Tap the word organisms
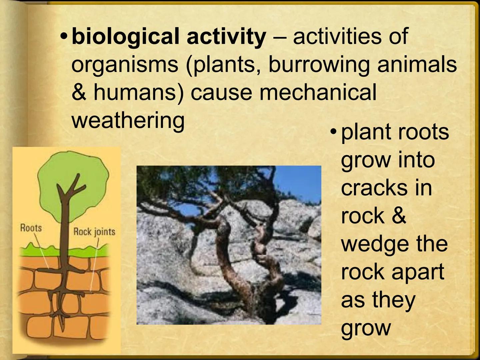[125, 64]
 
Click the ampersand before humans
[79, 92]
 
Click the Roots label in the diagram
[31, 228]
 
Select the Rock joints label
[94, 231]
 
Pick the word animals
[417, 64]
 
